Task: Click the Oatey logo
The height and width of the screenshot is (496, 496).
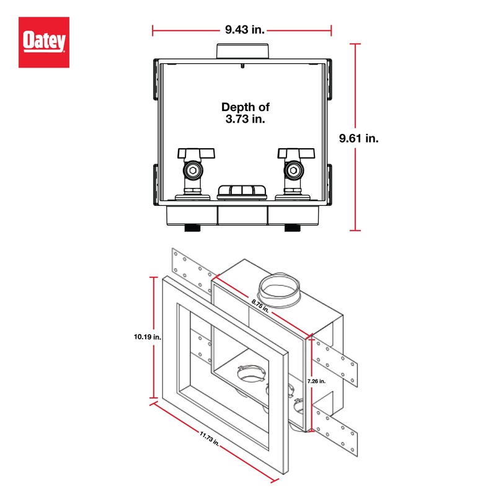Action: click(43, 42)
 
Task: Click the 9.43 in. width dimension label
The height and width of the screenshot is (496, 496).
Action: click(242, 29)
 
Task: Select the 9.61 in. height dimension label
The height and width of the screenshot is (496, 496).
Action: click(358, 138)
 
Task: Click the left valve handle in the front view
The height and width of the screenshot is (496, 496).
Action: click(196, 153)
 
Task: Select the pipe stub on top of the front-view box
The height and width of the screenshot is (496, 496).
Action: click(243, 50)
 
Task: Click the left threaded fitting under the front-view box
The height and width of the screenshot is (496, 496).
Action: click(193, 228)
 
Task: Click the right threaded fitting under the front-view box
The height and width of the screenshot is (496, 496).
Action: click(292, 228)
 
